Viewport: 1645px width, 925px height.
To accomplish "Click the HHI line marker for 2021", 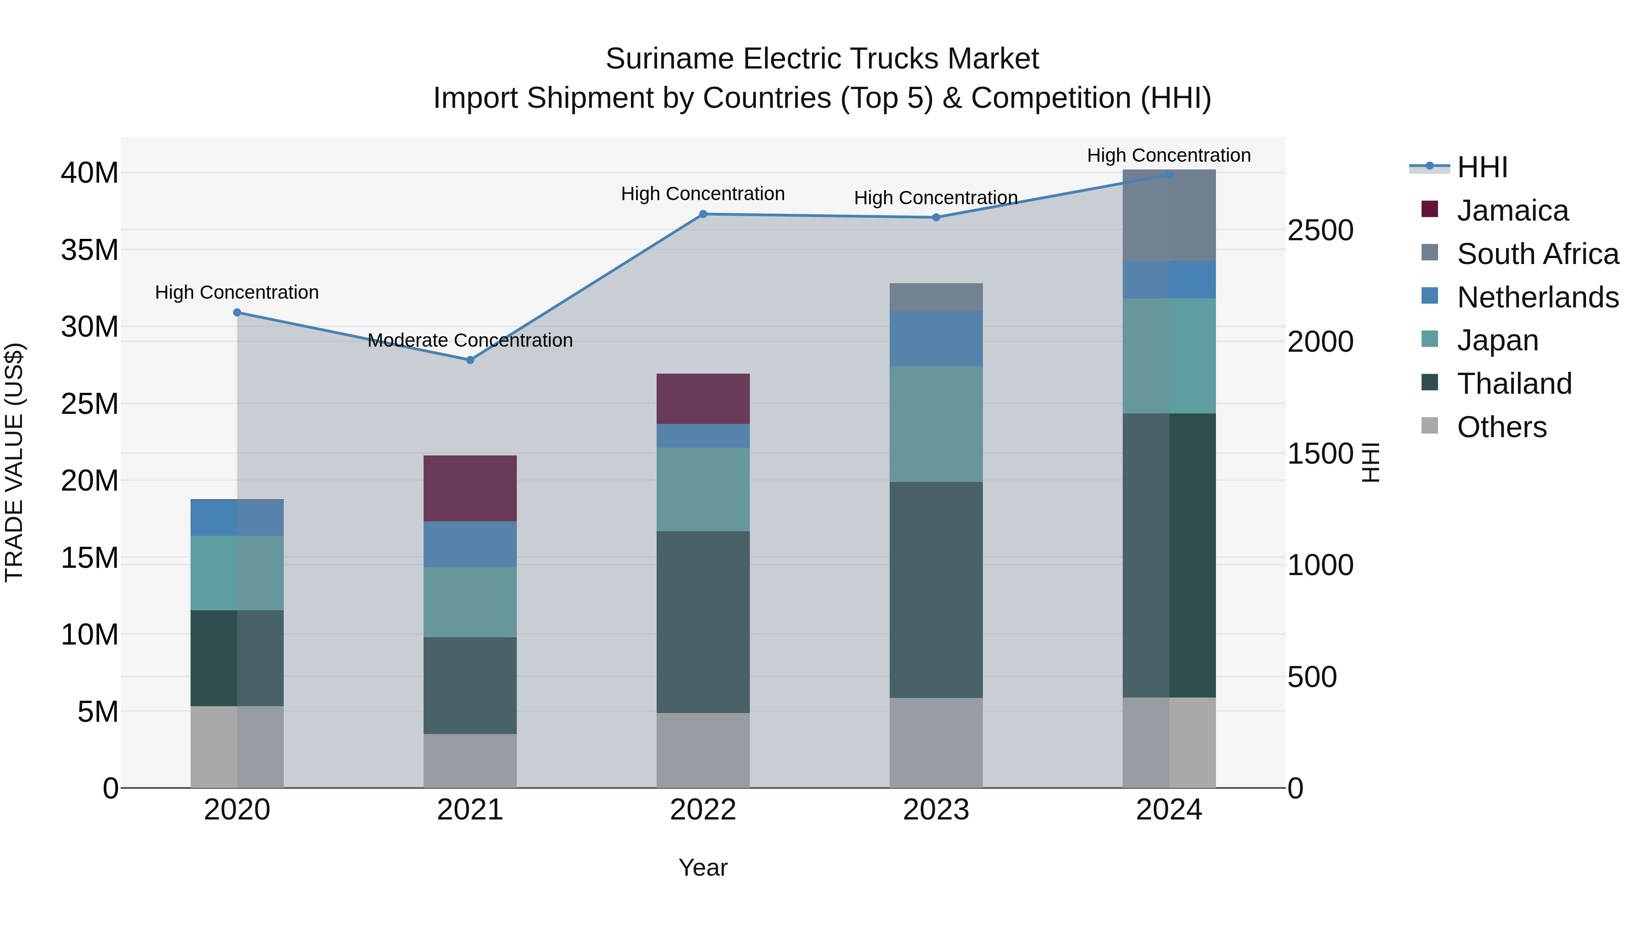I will [470, 360].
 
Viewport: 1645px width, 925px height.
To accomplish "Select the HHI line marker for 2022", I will [703, 214].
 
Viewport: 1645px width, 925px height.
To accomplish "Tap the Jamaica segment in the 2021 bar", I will [470, 488].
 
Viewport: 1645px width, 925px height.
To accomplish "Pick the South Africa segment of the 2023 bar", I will [936, 297].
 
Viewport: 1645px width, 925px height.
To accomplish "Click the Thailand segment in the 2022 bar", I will [703, 622].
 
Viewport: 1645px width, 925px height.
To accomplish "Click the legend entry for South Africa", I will [1538, 254].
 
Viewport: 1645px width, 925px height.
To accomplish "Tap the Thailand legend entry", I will [1514, 384].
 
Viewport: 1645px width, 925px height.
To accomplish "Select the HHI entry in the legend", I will [1481, 167].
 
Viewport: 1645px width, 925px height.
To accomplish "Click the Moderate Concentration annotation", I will [470, 340].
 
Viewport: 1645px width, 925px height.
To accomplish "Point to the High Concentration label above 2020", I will [237, 292].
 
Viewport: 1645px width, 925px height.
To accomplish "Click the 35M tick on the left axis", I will [90, 249].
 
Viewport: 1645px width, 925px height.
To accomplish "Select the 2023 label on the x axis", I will [936, 810].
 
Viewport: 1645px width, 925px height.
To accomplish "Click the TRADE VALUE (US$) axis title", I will [14, 462].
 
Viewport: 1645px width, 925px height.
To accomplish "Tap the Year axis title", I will [703, 867].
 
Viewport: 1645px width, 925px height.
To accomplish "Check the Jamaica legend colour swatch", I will [1430, 209].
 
